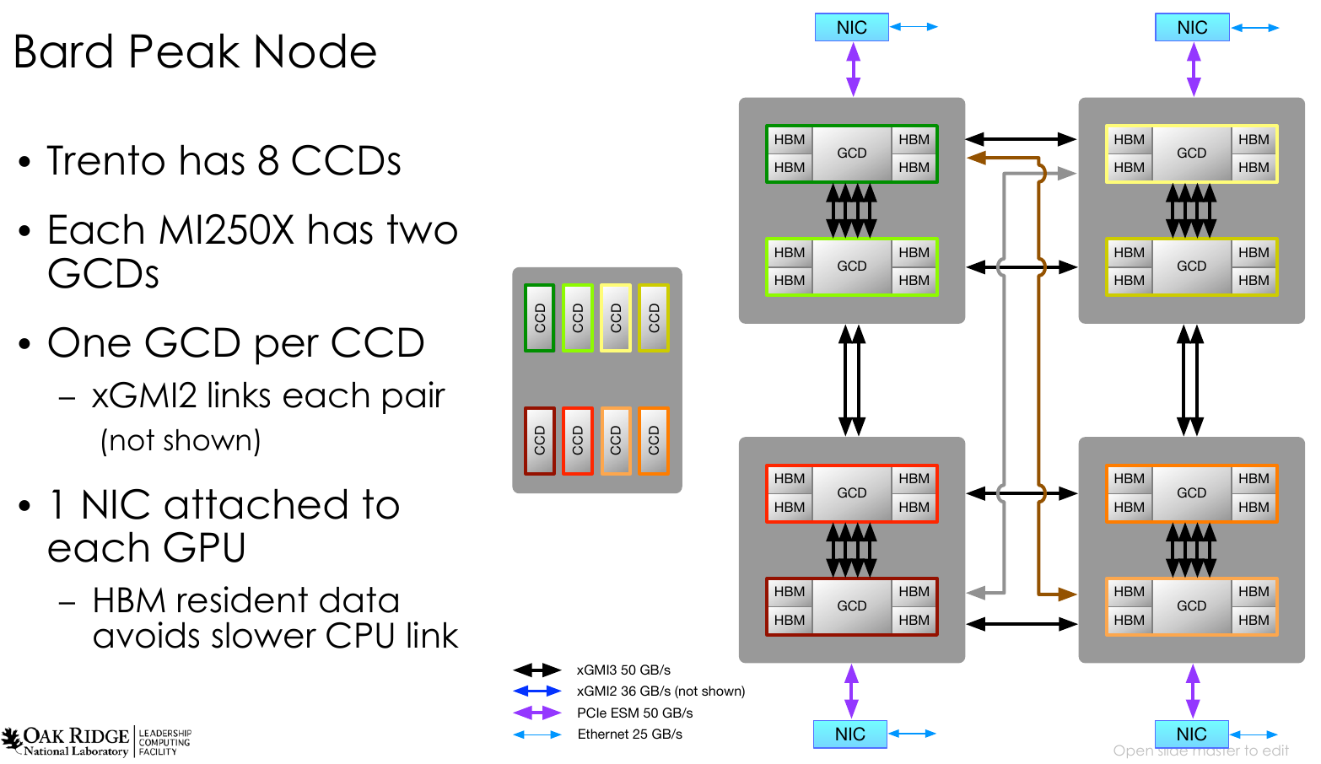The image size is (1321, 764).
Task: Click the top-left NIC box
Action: pos(852,28)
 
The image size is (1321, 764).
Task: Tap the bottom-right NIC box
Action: pos(1191,734)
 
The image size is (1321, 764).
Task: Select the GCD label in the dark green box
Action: pos(852,153)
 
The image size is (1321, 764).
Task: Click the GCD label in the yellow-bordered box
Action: pos(1191,153)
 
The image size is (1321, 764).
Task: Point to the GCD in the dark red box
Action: pos(852,605)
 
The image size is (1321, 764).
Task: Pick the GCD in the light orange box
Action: pos(1191,605)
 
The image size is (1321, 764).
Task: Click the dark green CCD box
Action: pos(540,318)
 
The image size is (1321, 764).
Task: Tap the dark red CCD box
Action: pos(540,440)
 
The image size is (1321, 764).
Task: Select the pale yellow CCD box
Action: pos(616,318)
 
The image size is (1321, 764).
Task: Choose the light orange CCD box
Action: pos(616,440)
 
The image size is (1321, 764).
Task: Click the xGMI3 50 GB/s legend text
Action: pos(623,670)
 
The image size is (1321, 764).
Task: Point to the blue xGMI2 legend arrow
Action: pos(537,691)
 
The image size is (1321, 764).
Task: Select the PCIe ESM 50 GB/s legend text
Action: pos(634,713)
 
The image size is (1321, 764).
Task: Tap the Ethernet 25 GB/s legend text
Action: pos(629,734)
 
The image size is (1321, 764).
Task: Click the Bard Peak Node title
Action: pos(195,52)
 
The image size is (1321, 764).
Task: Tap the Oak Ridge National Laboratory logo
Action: pos(67,740)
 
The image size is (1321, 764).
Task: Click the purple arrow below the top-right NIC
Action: pos(1194,69)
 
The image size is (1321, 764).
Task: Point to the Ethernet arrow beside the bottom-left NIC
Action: pos(913,734)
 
